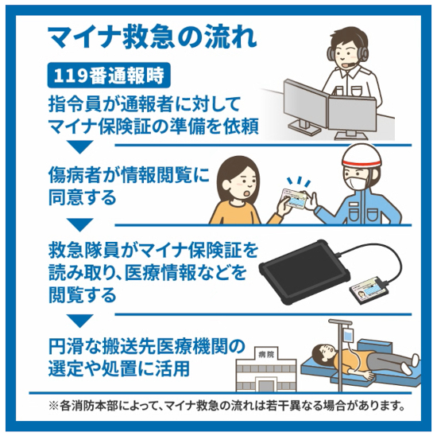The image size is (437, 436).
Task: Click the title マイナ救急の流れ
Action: [153, 37]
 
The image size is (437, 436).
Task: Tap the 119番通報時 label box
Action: [109, 75]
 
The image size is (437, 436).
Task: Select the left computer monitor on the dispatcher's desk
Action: [305, 104]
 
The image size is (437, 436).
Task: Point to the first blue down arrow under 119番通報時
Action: [79, 147]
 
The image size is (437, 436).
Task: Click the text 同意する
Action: [83, 197]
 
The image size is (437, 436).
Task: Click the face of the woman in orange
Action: [240, 185]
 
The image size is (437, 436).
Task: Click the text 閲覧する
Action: [83, 295]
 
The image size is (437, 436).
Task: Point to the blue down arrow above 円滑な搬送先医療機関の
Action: [79, 321]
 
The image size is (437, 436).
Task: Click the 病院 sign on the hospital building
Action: [266, 355]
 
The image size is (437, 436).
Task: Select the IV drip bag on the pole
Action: [348, 335]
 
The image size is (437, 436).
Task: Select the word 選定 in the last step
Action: [65, 369]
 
